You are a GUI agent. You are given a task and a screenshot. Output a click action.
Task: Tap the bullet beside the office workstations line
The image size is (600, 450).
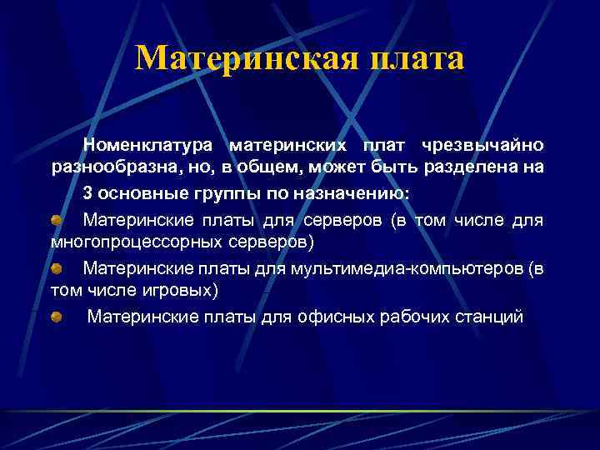[56, 317]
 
